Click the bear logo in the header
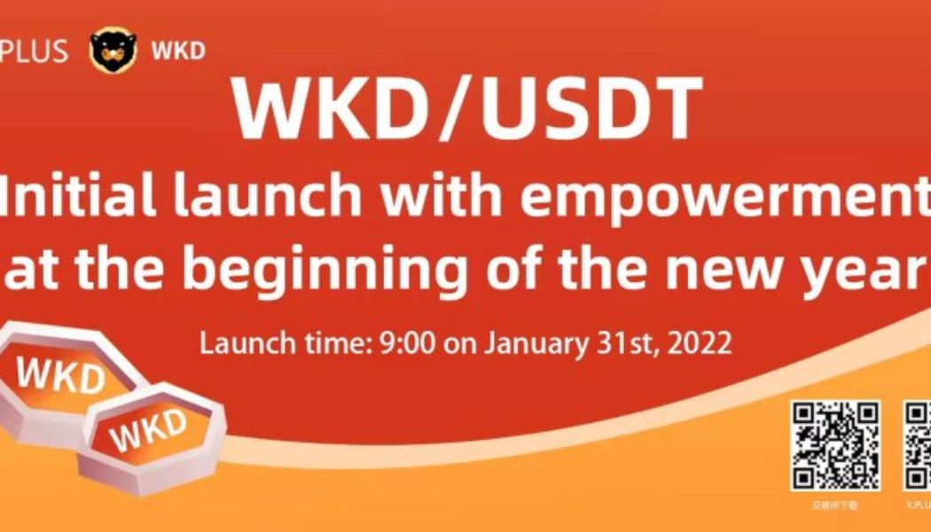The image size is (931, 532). coord(113,50)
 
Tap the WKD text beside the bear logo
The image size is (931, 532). coord(178,51)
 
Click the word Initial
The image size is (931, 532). coord(71,199)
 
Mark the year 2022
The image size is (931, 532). coord(701,342)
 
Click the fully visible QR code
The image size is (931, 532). coord(835,446)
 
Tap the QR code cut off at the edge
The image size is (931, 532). coord(917,446)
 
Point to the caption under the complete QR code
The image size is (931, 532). coord(835,504)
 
